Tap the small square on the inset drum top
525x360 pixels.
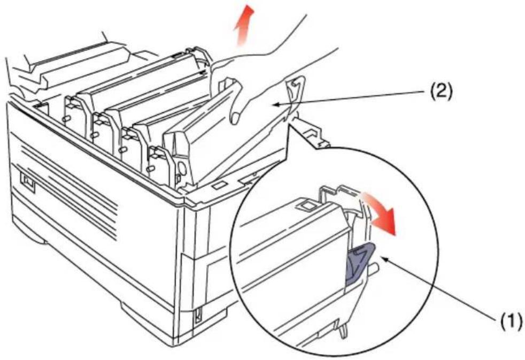point(306,205)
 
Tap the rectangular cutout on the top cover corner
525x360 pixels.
point(219,186)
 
